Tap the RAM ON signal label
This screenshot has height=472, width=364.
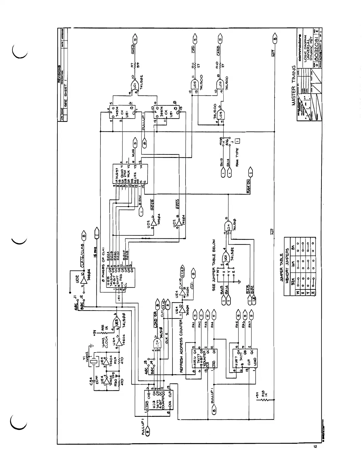pos(249,186)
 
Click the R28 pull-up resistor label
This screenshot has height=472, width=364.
pos(260,396)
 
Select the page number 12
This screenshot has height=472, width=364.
pos(315,446)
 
